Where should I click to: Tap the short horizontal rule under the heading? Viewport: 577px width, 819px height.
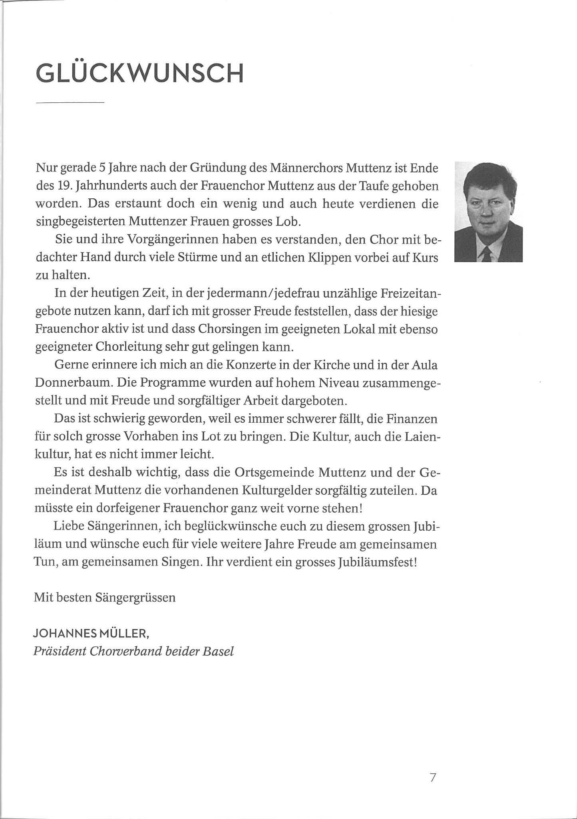coord(70,103)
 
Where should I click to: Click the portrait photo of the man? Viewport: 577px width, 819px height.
coord(488,212)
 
